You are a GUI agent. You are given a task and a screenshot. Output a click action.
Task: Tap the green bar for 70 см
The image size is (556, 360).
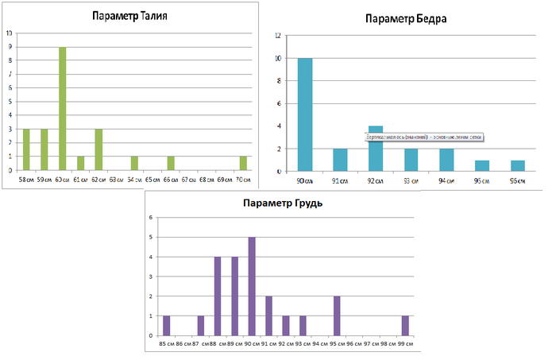pos(243,163)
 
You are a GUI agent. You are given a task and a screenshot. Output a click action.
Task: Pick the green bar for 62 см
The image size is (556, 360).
pos(98,149)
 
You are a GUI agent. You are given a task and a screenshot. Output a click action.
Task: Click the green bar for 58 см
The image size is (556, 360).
pos(26,149)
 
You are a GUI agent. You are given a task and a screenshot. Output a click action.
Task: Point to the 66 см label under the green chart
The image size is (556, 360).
pos(171,180)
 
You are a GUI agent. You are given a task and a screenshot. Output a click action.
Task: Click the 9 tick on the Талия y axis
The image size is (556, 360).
pos(10,47)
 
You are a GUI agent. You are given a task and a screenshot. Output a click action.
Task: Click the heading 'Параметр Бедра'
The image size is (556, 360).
pos(406,18)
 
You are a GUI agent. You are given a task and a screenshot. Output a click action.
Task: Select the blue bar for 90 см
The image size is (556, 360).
pos(304,114)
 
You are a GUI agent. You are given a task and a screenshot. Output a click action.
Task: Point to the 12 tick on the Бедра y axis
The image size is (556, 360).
pos(277,36)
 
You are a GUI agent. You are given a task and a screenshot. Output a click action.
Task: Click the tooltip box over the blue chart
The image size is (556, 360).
pos(423,137)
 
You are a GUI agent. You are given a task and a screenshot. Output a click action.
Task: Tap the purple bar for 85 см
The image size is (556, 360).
pos(167,325)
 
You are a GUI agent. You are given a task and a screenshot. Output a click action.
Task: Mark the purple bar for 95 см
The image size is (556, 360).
pos(337,315)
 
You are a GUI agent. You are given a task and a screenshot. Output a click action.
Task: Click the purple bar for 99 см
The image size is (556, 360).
pos(405,325)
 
